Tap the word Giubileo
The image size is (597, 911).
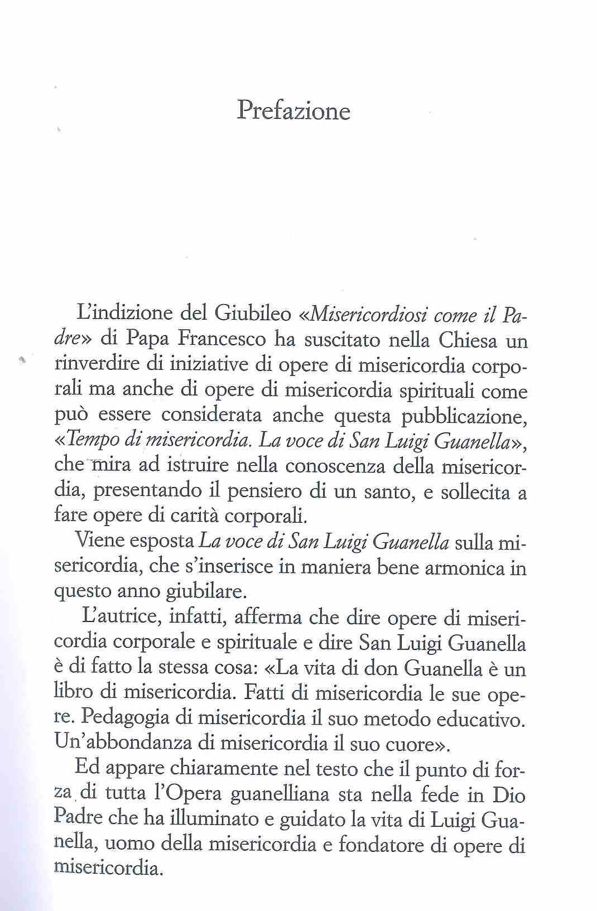click(253, 316)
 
